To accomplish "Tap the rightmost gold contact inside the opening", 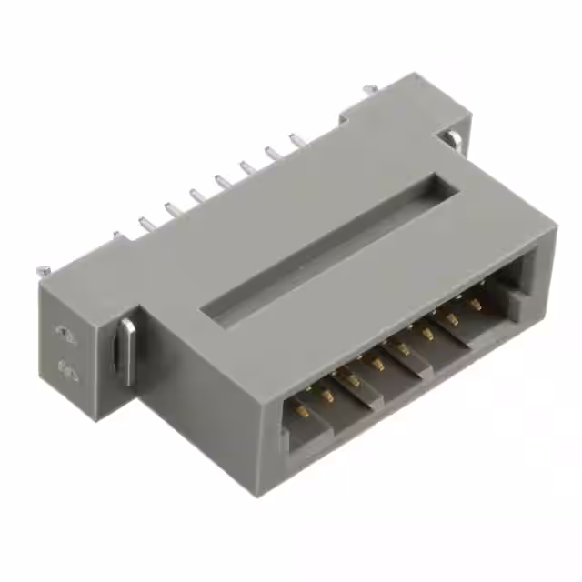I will (477, 301).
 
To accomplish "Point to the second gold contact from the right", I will (452, 318).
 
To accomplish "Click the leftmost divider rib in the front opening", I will (349, 393).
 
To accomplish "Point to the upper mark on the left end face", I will (61, 333).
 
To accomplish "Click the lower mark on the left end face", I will (66, 369).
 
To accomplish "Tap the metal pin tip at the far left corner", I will (42, 270).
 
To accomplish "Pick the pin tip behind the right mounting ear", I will (368, 88).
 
